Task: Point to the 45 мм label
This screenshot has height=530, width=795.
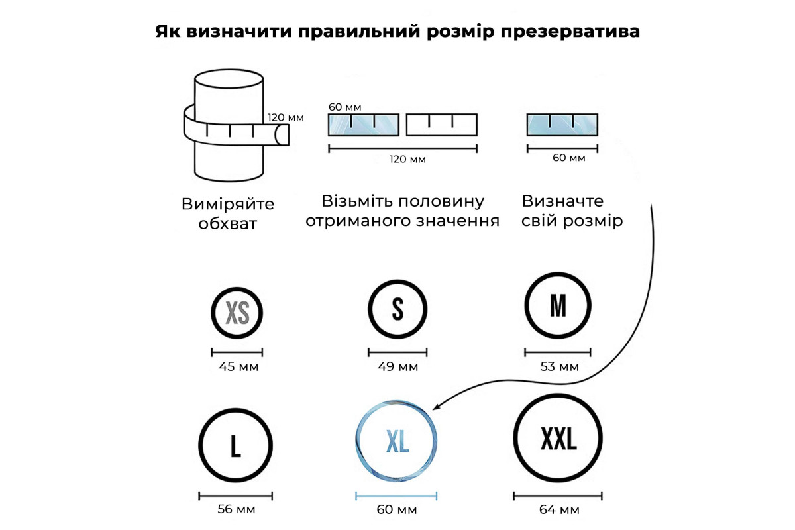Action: click(238, 367)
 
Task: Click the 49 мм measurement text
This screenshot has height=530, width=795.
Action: click(398, 367)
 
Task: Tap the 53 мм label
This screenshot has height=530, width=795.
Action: click(559, 367)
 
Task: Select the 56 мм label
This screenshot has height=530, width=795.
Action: click(237, 509)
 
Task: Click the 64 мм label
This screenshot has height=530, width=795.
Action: click(559, 509)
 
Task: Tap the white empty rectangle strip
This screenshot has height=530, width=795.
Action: click(442, 125)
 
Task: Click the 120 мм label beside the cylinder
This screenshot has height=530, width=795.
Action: click(286, 117)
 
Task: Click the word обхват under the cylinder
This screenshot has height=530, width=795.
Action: click(227, 224)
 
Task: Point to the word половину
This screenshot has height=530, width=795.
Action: click(441, 201)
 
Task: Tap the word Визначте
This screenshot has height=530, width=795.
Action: click(562, 201)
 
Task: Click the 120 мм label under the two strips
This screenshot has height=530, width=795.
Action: click(407, 159)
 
